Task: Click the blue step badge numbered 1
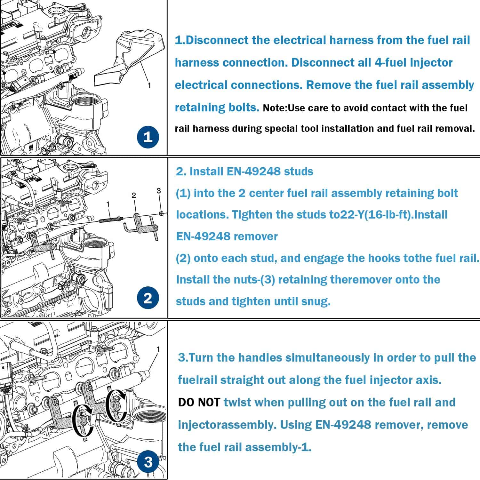148,137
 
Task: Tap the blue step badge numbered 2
148,298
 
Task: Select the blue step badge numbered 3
148,462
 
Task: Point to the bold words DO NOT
199,402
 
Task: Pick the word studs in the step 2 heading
298,171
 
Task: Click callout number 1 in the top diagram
149,85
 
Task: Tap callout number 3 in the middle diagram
159,191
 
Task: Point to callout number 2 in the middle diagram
134,195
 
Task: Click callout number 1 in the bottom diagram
158,349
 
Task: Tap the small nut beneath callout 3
162,213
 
